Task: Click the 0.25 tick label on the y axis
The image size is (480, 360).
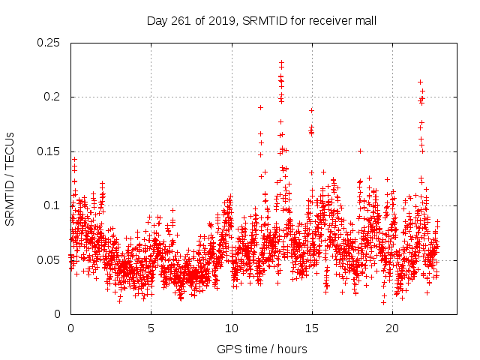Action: click(x=49, y=43)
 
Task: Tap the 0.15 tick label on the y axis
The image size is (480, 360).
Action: click(x=49, y=151)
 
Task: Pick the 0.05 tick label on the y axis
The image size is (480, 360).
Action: click(x=49, y=260)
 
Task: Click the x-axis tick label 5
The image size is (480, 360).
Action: click(x=151, y=328)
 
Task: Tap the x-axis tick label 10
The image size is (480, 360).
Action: click(x=232, y=328)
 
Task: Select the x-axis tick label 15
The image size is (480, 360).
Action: click(x=312, y=328)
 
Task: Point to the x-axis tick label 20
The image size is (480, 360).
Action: click(x=392, y=328)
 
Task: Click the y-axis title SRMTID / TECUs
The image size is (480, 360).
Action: click(x=10, y=178)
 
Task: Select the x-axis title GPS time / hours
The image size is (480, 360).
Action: click(x=262, y=349)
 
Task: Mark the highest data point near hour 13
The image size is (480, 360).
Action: click(x=281, y=63)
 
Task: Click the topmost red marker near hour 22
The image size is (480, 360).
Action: click(x=420, y=82)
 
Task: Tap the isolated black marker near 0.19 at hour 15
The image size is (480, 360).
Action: click(x=311, y=110)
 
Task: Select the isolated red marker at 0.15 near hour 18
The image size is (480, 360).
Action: click(x=360, y=151)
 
